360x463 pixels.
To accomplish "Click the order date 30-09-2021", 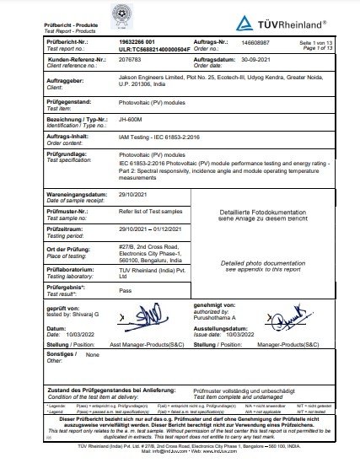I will coord(257,61).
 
